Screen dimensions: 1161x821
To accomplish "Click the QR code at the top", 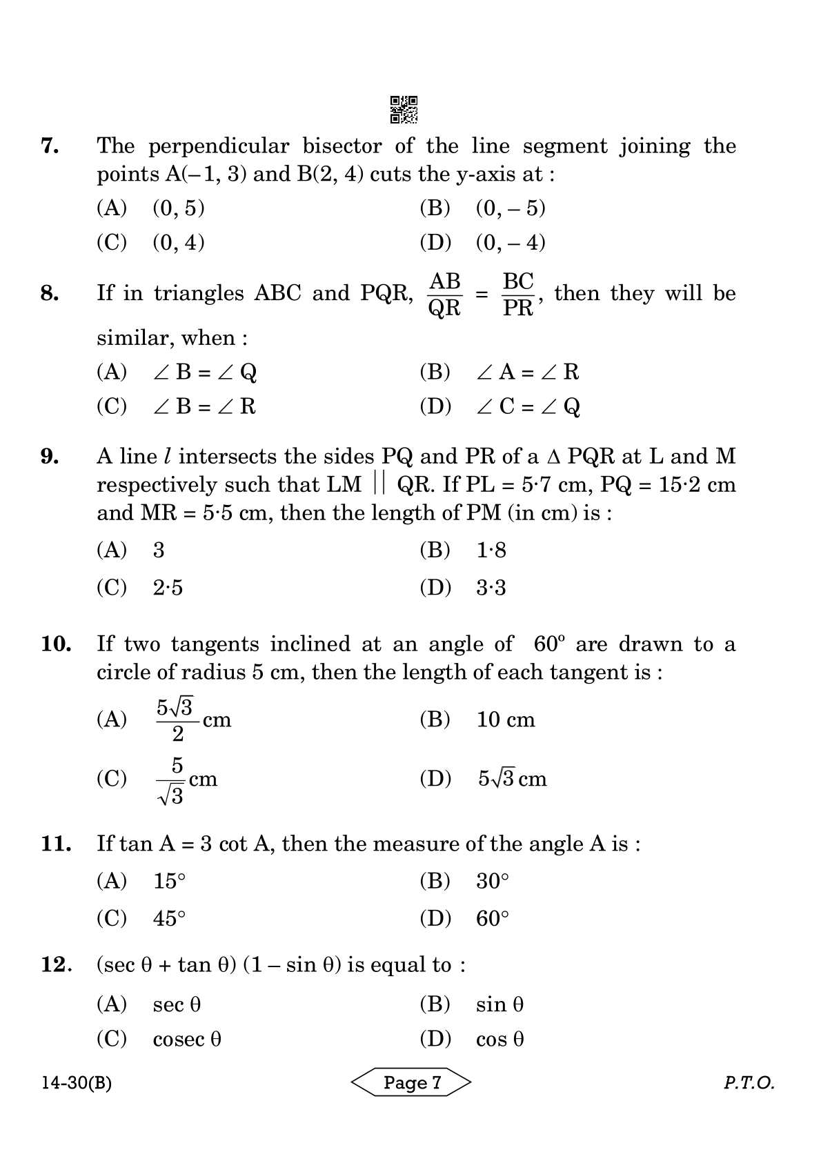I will pos(404,110).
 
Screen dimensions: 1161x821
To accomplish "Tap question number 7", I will pos(50,146).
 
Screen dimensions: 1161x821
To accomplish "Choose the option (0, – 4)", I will pos(511,242).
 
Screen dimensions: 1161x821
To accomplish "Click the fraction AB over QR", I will pos(444,295).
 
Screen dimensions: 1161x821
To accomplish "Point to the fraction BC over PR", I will pos(518,295).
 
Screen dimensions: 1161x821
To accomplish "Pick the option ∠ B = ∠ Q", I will pos(205,372).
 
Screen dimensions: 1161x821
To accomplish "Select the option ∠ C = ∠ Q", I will pos(528,406).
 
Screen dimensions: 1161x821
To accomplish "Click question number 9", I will pos(50,456).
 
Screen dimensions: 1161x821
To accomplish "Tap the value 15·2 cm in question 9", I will pos(698,484).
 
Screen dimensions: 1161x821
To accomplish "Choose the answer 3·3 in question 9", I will pos(491,588).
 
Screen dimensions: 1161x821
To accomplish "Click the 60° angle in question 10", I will pos(549,644).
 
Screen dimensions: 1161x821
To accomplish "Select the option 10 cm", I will pos(506,720).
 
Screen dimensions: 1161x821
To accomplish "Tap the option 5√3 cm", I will pos(512,779).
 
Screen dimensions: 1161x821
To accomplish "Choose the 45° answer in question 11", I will pos(170,918).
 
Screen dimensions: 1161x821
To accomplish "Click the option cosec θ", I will pos(187,1039).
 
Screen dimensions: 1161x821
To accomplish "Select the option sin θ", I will pos(499,1004).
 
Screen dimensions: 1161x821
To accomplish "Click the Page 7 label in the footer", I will pos(412,1082).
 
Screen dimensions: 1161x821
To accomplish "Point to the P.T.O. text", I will pos(749,1083).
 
